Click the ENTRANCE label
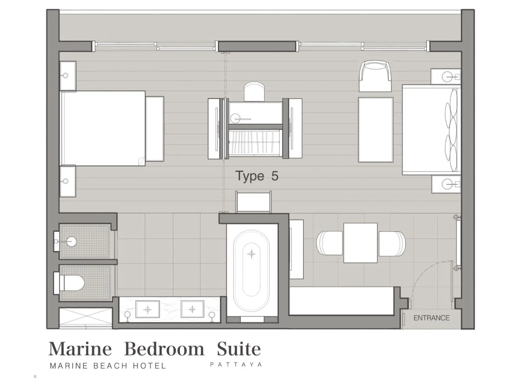pyautogui.click(x=431, y=318)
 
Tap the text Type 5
pyautogui.click(x=257, y=176)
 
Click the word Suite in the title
pyautogui.click(x=239, y=349)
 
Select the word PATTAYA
pyautogui.click(x=236, y=365)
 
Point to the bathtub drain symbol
pyautogui.click(x=252, y=254)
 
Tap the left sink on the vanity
pyautogui.click(x=147, y=310)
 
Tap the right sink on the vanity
pyautogui.click(x=192, y=310)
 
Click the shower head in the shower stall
pyautogui.click(x=71, y=241)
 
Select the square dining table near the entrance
pyautogui.click(x=360, y=243)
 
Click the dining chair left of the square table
pyautogui.click(x=329, y=243)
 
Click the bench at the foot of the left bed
pyautogui.click(x=155, y=129)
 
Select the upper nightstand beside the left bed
pyautogui.click(x=68, y=76)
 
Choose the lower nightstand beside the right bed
pyautogui.click(x=446, y=184)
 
